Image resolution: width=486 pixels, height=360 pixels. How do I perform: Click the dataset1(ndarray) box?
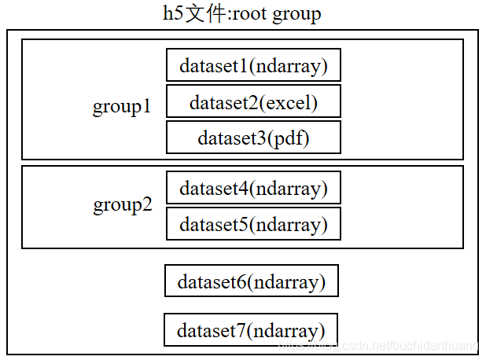(253, 64)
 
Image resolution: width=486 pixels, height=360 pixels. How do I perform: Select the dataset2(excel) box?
(253, 101)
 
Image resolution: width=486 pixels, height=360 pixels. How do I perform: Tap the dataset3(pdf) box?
(253, 138)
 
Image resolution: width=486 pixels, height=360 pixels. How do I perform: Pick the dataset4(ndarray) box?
(253, 188)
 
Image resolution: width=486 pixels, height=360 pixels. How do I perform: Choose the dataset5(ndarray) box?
(253, 224)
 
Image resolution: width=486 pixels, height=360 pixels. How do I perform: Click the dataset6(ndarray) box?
(252, 281)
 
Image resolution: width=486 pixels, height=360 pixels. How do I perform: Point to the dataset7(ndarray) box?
(251, 329)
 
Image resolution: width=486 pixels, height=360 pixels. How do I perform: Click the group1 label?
(122, 106)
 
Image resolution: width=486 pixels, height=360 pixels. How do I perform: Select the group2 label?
(123, 204)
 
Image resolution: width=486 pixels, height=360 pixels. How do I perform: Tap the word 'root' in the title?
(251, 14)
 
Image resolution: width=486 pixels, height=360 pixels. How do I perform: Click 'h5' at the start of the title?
(173, 14)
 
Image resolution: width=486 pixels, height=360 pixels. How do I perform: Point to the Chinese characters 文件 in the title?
(204, 14)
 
